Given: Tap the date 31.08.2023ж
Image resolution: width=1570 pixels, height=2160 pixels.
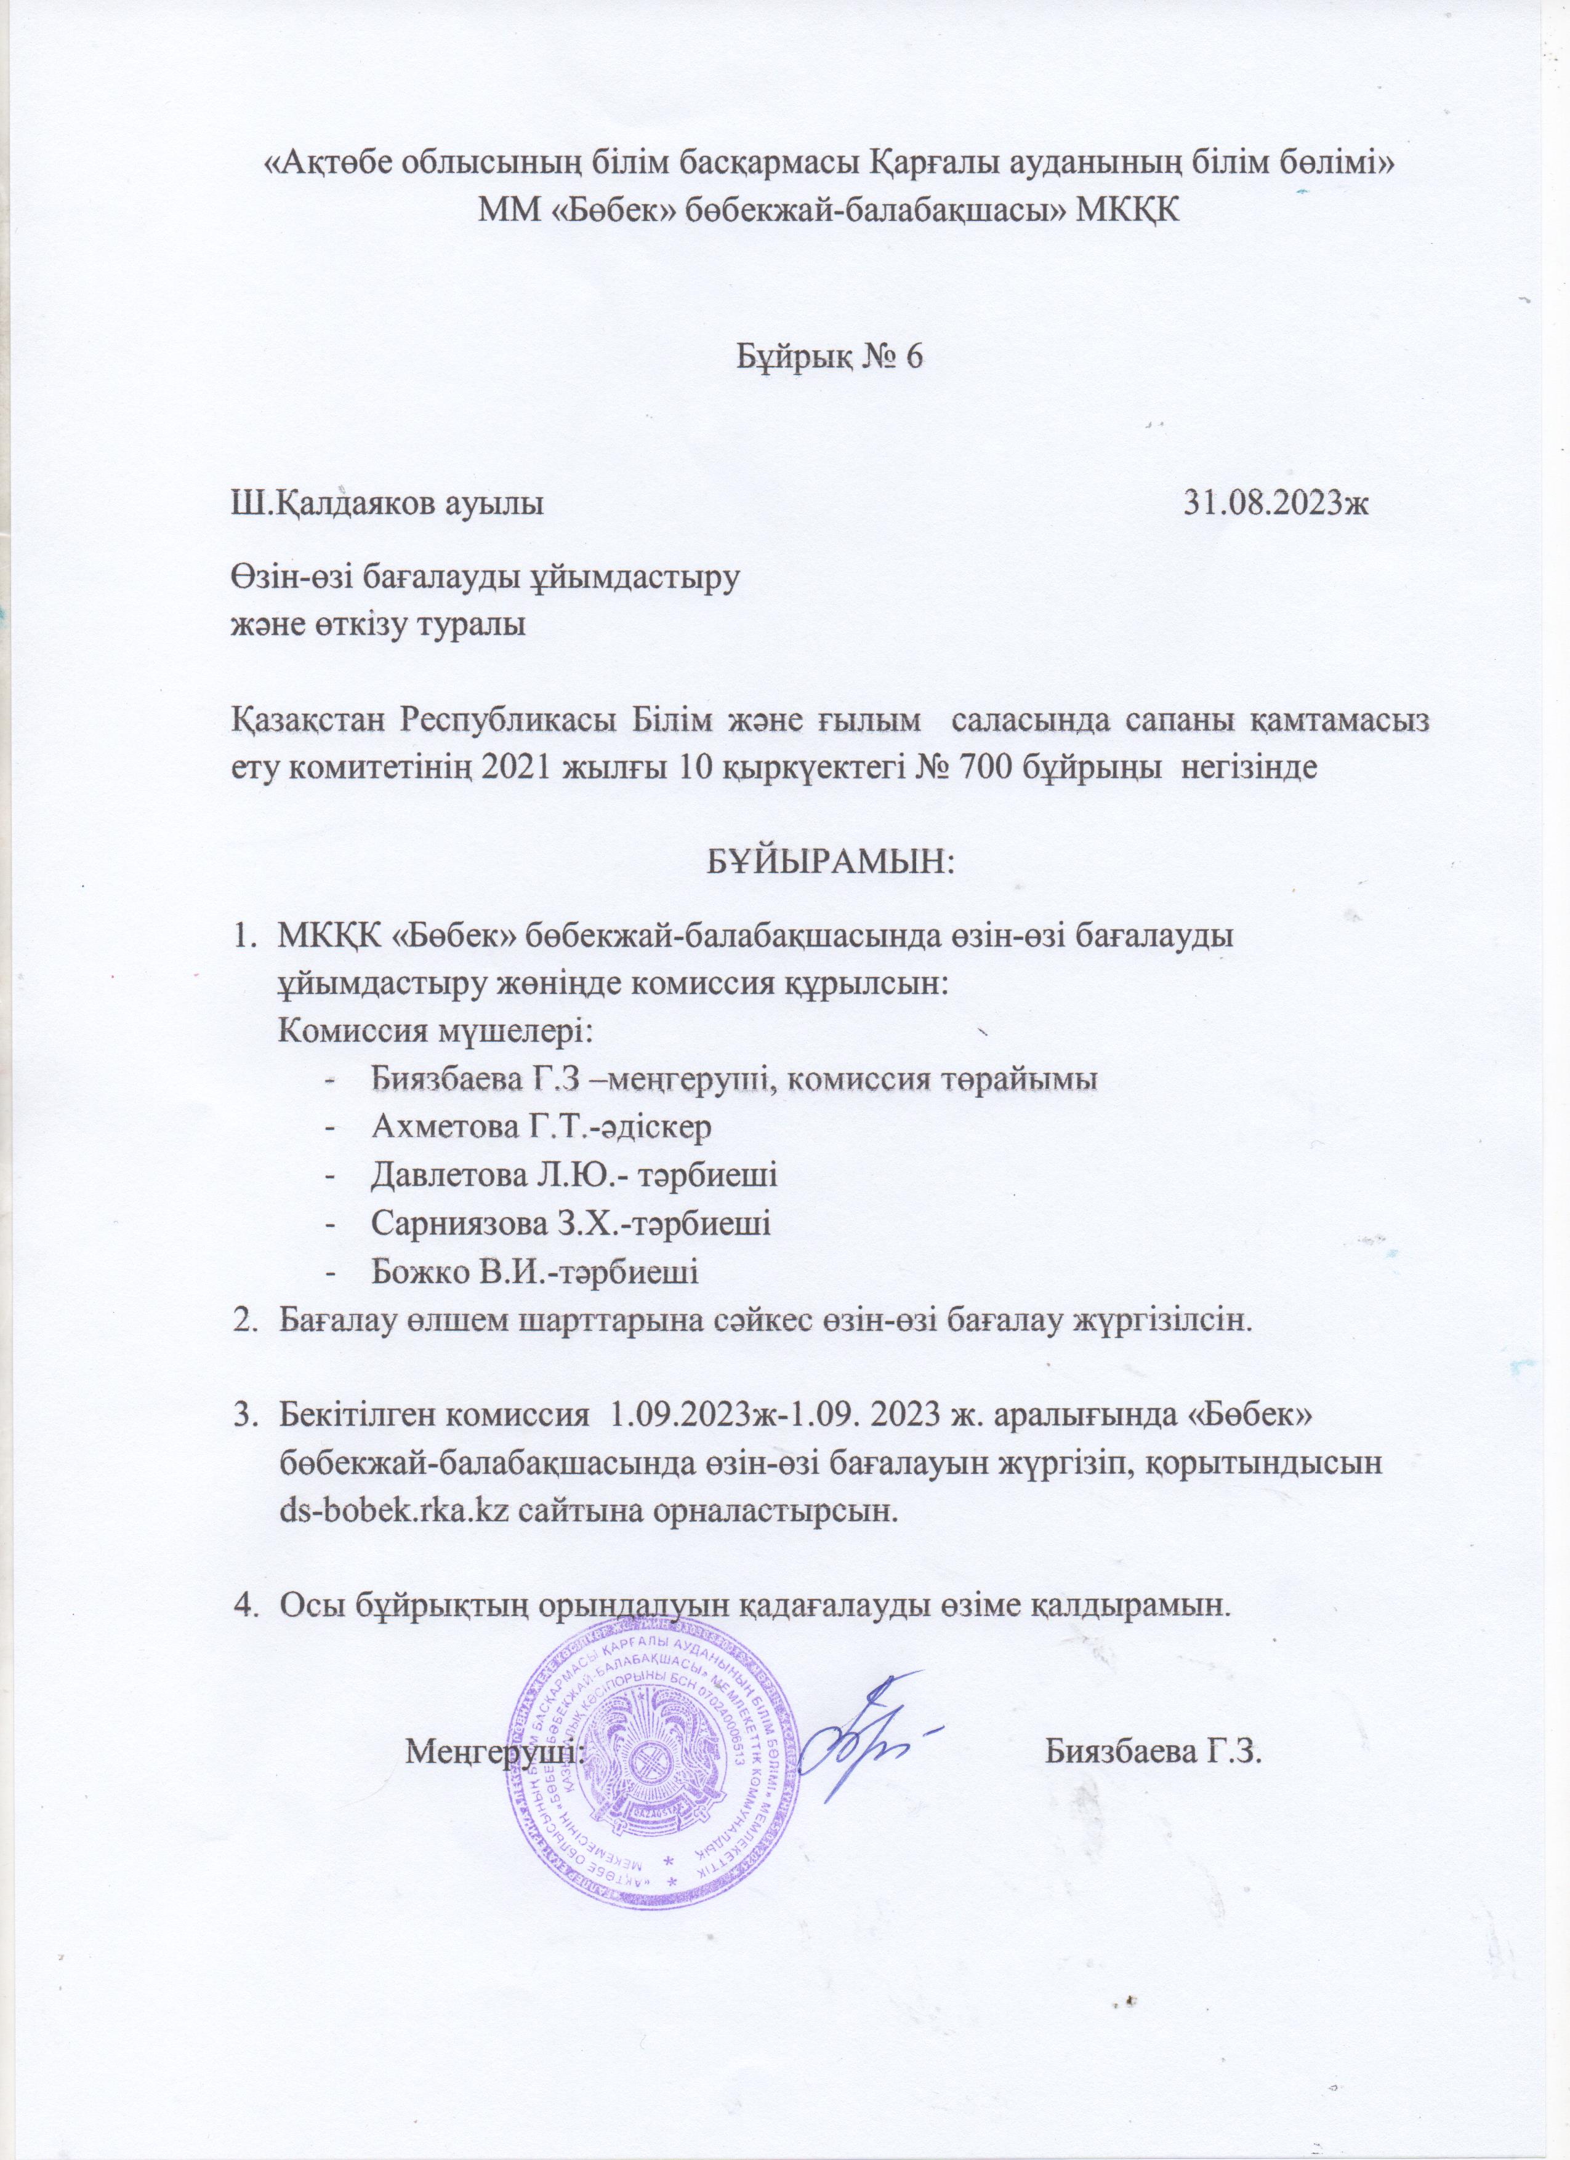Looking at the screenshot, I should click(x=1274, y=501).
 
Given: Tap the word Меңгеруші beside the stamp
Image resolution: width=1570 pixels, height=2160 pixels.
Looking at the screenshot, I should click(x=496, y=1751).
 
